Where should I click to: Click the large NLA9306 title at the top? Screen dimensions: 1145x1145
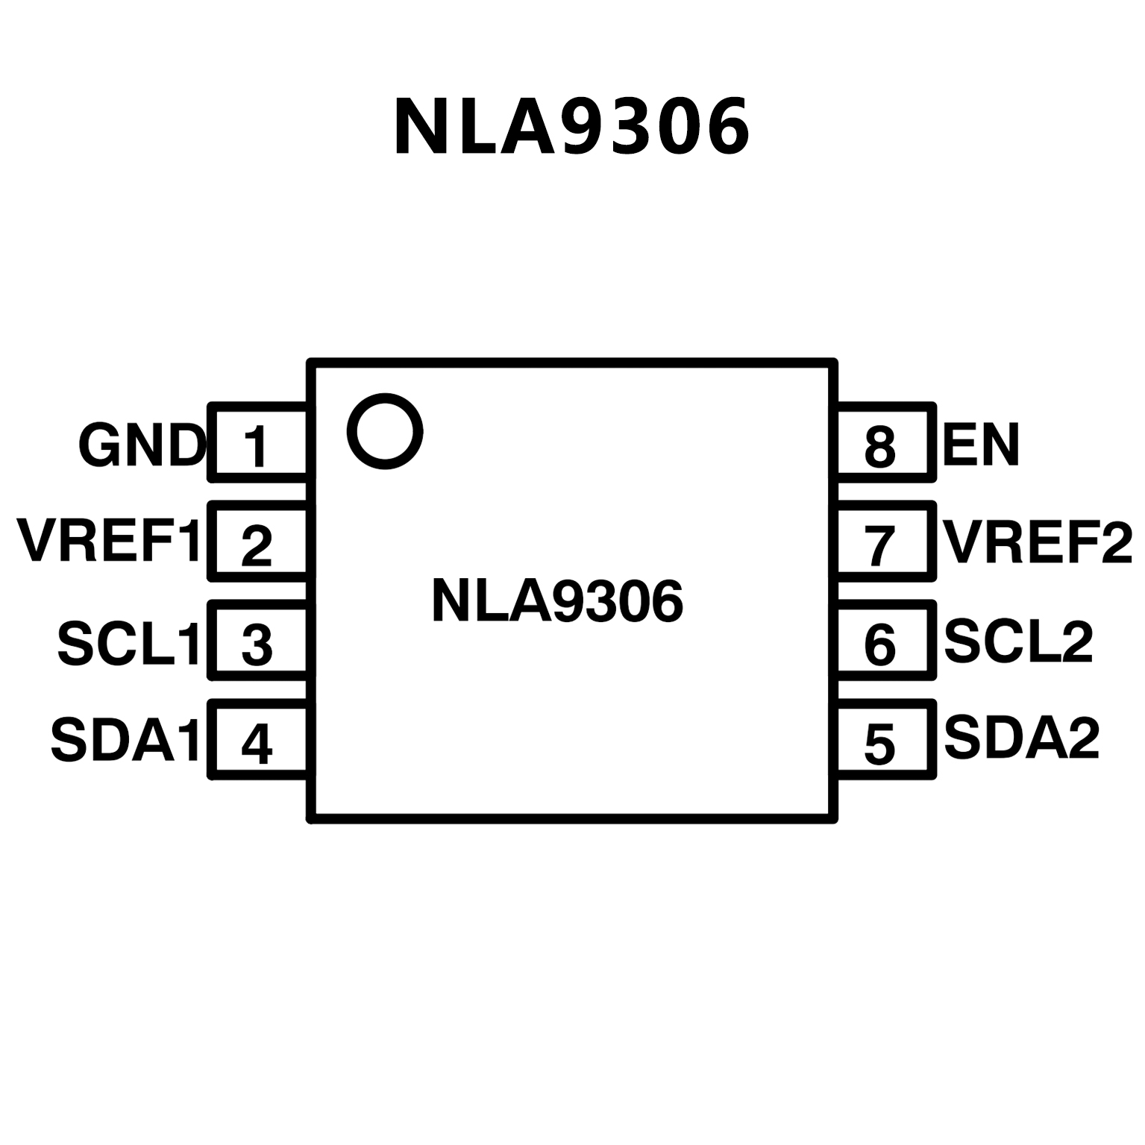(571, 128)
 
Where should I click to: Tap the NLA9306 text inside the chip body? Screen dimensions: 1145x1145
(557, 601)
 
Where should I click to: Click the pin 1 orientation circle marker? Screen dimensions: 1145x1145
(385, 431)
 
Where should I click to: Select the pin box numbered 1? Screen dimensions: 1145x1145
(258, 442)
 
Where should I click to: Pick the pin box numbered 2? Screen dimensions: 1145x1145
(258, 542)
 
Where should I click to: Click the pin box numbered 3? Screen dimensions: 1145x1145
(258, 641)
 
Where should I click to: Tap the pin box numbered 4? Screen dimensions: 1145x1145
(258, 740)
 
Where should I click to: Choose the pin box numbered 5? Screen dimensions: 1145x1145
(885, 740)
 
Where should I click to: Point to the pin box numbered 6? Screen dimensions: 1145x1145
(885, 641)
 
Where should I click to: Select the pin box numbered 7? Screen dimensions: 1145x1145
(885, 542)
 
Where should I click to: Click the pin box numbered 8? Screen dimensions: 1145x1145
(885, 442)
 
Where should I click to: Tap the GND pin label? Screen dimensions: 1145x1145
(142, 446)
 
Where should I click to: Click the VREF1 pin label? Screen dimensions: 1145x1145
(110, 542)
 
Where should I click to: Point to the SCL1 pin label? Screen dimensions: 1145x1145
(128, 643)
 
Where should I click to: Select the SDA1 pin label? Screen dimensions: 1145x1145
(125, 741)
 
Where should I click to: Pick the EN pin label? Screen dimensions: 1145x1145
(980, 445)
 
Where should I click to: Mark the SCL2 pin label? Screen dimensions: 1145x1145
(1018, 641)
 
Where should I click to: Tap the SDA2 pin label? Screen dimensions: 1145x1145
(1022, 738)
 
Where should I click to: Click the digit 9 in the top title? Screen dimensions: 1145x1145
(588, 128)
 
